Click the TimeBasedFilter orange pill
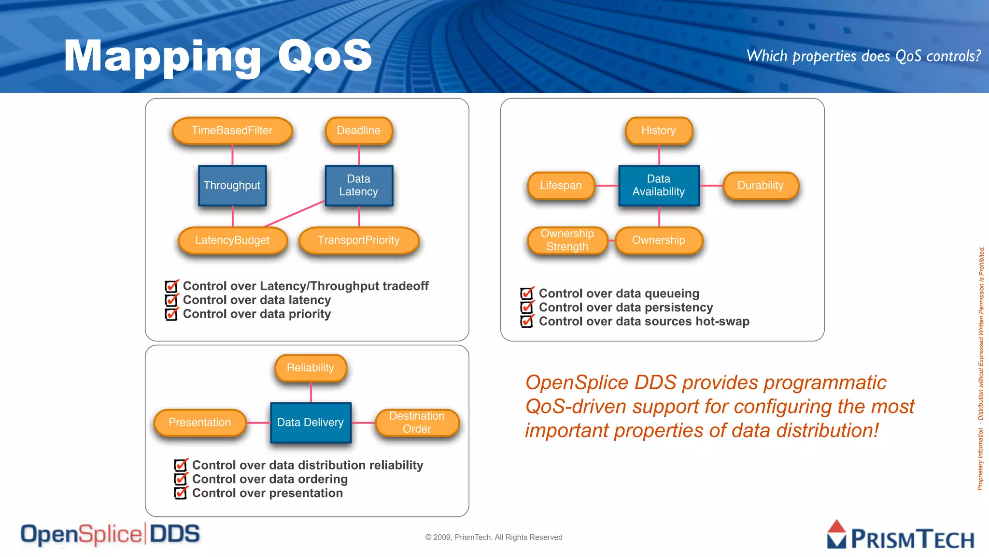coord(232,131)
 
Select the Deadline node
coord(359,131)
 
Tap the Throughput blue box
coord(232,186)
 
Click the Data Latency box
coord(359,186)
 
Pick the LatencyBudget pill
coord(232,240)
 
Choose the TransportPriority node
coord(359,240)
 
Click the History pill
coord(659,131)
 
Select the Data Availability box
coord(659,186)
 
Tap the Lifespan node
coord(561,186)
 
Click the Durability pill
coord(761,186)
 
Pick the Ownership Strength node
coord(567,240)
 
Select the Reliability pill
coord(311,368)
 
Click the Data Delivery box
coord(311,423)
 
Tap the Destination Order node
coord(417,423)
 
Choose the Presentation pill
coord(199,423)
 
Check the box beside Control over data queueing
coord(526,294)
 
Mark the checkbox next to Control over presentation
coord(180,494)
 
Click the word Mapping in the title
coord(162,57)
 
